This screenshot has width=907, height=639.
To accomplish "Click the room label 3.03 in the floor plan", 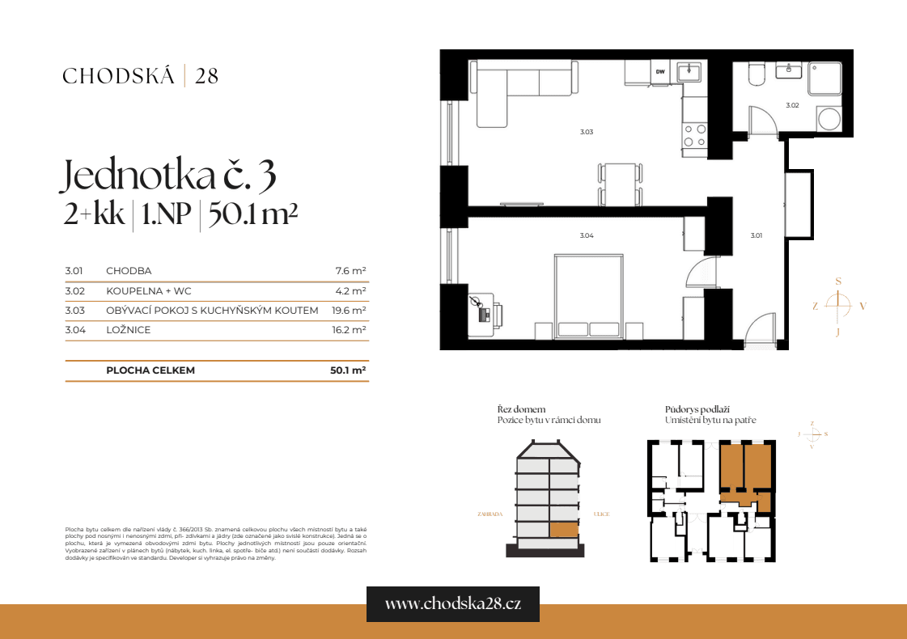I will (x=587, y=132).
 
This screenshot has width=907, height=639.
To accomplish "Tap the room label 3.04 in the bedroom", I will (x=587, y=235).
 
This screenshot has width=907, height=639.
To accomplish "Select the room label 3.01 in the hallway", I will (x=756, y=235).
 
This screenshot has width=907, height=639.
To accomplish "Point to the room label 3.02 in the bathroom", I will (x=792, y=105).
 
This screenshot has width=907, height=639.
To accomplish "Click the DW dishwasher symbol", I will (x=660, y=73).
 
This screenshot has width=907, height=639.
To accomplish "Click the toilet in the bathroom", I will (x=756, y=75).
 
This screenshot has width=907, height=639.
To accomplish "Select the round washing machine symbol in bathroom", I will (x=829, y=120).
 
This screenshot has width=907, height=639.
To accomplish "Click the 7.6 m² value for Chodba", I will (x=351, y=271).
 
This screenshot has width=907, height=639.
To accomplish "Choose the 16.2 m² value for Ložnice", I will (x=350, y=330).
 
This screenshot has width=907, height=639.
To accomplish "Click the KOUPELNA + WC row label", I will (x=149, y=290).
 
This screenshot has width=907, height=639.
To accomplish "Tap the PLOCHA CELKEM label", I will (x=150, y=370).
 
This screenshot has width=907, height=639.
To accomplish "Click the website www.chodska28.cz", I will (x=452, y=604).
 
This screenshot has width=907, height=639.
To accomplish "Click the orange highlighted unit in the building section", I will (x=564, y=530).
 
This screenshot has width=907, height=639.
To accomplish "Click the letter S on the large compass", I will (x=838, y=281).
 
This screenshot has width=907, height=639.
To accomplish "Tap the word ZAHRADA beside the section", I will (x=490, y=514).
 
